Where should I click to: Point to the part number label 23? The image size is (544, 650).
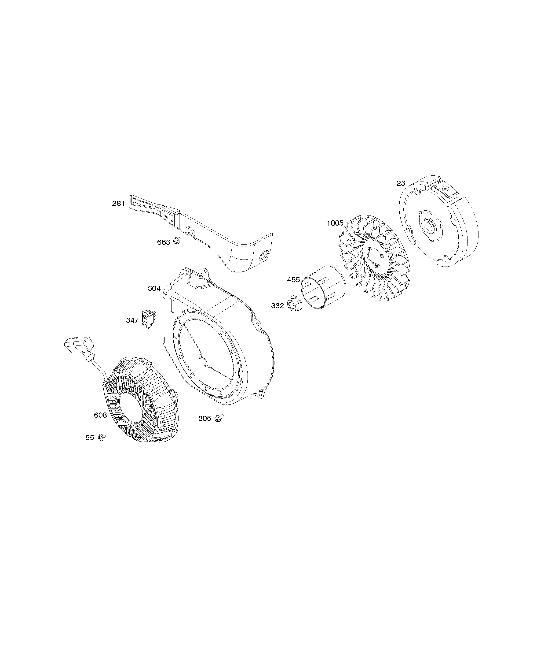tap(401, 183)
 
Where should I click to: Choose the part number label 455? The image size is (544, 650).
tap(293, 280)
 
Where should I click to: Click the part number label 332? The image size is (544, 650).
tap(277, 306)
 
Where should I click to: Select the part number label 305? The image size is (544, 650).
tap(204, 419)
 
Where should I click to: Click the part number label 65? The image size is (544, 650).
tap(90, 438)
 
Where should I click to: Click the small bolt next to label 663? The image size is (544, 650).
tap(177, 240)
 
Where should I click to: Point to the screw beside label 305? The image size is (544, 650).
tap(219, 418)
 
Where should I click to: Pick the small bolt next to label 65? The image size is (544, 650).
tap(101, 437)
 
